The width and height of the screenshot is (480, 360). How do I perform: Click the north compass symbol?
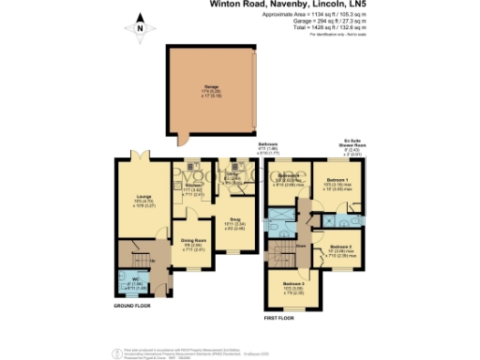[x=140, y=28]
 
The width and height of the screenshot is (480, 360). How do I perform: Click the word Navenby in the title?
[x=303, y=4]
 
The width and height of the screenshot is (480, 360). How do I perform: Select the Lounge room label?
[x=141, y=198]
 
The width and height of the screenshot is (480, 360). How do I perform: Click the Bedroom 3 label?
[x=294, y=286]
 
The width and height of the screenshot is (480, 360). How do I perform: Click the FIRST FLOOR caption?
[x=278, y=319]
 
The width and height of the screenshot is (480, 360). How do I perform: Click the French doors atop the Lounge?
[x=141, y=155]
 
